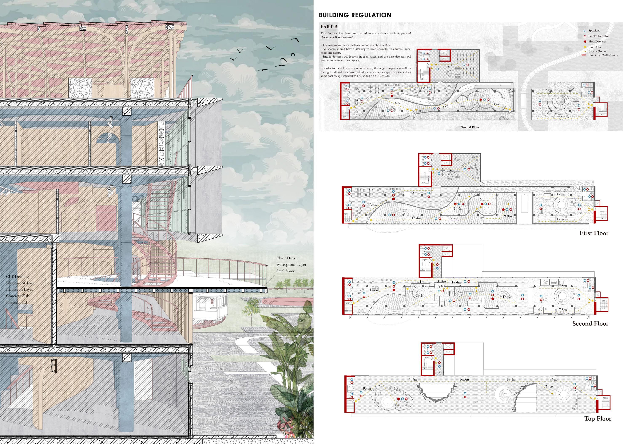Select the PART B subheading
point(329,27)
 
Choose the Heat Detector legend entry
point(597,42)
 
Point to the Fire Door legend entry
point(595,47)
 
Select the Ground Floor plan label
point(470,127)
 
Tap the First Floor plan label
point(594,233)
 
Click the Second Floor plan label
point(590,324)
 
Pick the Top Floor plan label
point(598,418)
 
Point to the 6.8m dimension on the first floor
point(483,199)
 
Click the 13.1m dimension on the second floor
point(421,296)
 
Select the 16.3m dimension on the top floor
point(464,379)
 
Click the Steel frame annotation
point(285,271)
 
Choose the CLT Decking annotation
point(17,277)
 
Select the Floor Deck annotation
point(286,258)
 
